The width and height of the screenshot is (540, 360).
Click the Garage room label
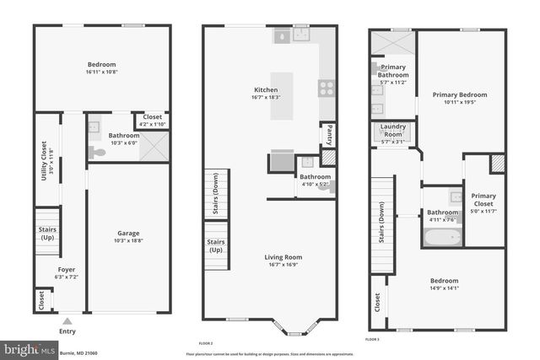tap(128, 234)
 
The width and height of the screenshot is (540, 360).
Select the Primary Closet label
tap(483, 199)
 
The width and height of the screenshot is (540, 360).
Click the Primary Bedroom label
tap(461, 95)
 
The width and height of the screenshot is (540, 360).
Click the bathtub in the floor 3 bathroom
tap(442, 236)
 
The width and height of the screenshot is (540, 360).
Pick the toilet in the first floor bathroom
tap(98, 153)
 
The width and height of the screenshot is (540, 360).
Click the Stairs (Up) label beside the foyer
tap(46, 234)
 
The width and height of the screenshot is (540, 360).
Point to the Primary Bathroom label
tap(393, 71)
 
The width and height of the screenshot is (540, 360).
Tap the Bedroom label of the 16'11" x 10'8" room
tap(101, 65)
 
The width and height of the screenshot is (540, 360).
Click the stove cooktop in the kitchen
tap(327, 88)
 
